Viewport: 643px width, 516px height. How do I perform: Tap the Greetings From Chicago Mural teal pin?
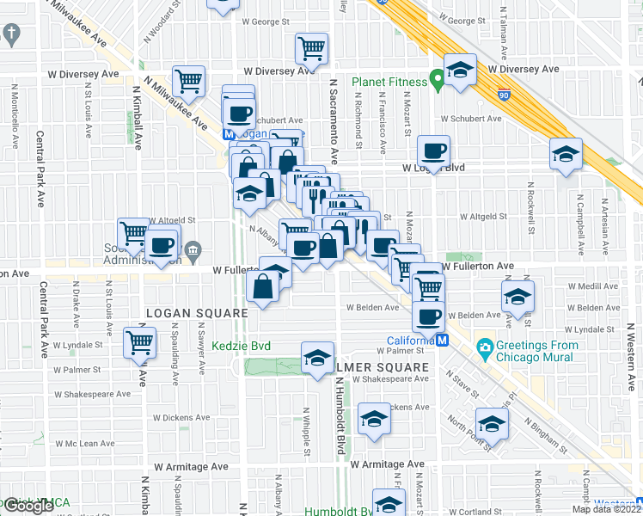point(485,348)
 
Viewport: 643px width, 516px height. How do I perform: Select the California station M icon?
point(443,341)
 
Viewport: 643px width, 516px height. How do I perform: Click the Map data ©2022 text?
point(607,509)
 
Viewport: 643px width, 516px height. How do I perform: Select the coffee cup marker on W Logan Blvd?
point(433,152)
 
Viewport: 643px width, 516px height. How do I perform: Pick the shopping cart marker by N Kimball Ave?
point(187,82)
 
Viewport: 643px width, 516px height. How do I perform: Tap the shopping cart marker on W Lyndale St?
point(138,341)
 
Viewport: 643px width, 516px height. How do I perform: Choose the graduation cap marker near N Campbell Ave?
point(566,155)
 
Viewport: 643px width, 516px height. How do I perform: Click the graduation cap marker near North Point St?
point(492,424)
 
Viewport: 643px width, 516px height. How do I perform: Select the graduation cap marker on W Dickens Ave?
point(374,418)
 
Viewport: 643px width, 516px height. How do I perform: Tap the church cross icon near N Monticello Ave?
point(10,34)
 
